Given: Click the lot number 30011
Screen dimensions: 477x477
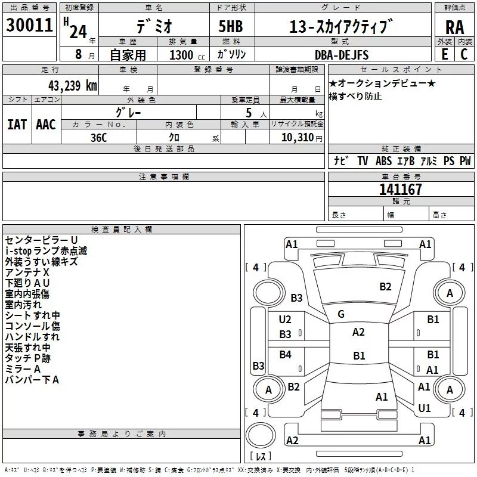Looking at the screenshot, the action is pos(29,25).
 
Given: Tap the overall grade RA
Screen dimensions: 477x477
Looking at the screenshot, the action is pos(455,27).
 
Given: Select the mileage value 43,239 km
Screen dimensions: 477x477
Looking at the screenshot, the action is pos(72,86).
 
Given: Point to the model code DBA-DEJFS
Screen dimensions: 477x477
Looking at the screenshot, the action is pos(342,55).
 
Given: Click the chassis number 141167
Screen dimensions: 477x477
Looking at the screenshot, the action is pos(401,190).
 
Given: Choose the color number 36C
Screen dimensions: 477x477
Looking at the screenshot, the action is pos(99,138).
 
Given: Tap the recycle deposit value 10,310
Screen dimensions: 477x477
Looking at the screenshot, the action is pos(297,138).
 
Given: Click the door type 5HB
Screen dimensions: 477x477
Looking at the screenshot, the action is pos(231,26).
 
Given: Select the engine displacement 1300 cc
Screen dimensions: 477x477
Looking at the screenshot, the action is pos(187,55).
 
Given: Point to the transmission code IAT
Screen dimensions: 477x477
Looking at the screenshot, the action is pos(17,125).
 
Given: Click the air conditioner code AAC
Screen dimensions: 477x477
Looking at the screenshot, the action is pos(46,125).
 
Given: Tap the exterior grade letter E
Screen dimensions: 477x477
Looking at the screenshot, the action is pos(445,54).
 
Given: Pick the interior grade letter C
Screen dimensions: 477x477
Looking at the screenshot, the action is pos(464,54).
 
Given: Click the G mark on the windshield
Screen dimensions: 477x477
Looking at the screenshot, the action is pos(341,314).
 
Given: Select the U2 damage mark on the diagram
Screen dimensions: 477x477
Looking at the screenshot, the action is pos(285,320).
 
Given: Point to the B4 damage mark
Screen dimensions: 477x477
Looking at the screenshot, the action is pos(286,354).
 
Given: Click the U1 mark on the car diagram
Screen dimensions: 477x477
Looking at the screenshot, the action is pos(425,408).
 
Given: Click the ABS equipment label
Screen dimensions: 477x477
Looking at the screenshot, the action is pos(383,161).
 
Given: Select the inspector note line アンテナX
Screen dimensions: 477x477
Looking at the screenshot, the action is pos(27,272).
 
